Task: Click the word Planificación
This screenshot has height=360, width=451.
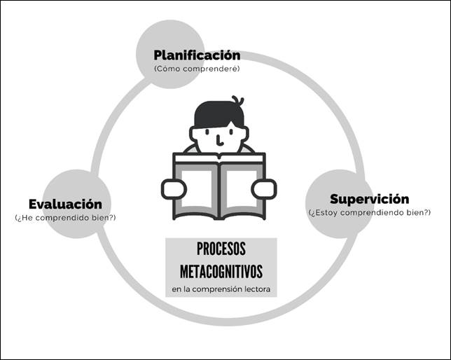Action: point(197,55)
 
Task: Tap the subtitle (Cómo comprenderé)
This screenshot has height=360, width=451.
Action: point(197,69)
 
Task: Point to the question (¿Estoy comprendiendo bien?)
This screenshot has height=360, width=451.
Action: point(369,212)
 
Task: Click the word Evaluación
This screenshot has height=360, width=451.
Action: point(65,205)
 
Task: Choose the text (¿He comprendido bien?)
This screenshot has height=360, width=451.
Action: point(65,218)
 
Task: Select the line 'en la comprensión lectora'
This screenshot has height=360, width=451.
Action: point(221,289)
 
